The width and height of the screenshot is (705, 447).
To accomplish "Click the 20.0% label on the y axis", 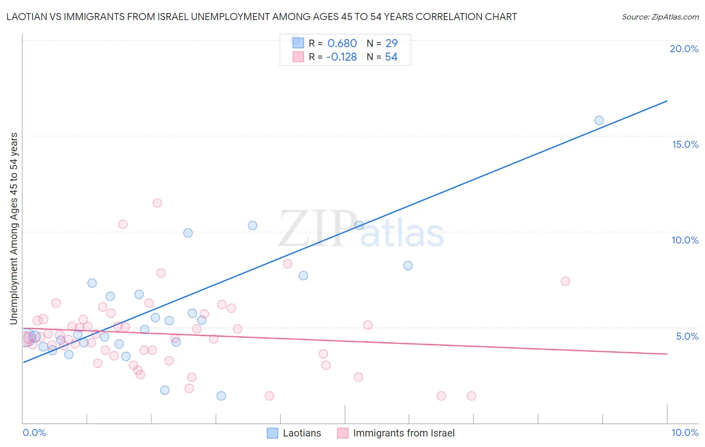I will coord(684,49).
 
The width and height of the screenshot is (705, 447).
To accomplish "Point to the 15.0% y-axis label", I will coord(685,144).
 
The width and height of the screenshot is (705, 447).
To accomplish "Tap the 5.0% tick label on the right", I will coord(687,336).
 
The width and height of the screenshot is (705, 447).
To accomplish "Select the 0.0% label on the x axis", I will coord(34,432).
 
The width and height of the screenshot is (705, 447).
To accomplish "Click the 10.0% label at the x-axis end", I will coord(685,432).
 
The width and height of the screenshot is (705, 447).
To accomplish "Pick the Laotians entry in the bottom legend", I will coord(301,433).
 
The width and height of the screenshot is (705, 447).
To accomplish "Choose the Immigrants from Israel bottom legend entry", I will coord(404,433).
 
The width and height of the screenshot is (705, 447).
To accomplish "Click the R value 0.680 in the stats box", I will coord(342,44).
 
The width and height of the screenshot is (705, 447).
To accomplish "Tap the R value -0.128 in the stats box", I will coord(341,57).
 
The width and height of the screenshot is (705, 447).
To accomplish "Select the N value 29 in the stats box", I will coord(392,44).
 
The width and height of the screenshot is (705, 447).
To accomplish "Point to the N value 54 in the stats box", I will coord(391,57).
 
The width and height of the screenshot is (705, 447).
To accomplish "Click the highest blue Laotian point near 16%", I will coord(599,120).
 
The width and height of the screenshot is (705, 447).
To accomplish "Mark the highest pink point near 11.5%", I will coord(157,203).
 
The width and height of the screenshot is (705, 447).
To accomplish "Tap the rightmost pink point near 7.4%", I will coord(565,281).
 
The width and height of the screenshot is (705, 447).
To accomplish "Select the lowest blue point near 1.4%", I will coord(221,396).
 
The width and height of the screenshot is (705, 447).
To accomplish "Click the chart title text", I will coord(261,17).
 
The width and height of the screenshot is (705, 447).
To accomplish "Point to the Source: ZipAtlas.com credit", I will coord(660,17).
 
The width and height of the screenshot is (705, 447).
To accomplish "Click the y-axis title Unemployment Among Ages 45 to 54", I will coord(14,228).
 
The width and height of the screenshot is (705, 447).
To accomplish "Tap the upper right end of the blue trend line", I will coord(667,101).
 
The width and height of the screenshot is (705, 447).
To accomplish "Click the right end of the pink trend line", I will coord(667,354).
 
